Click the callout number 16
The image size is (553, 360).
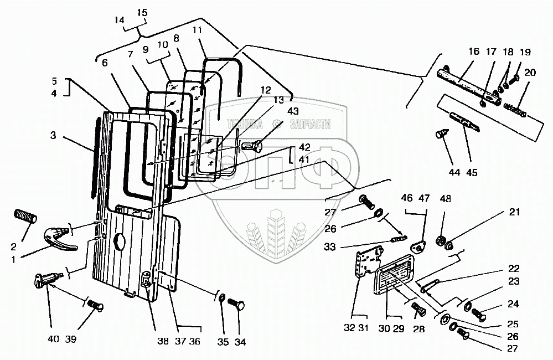(473, 52)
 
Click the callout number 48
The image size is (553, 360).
(445, 198)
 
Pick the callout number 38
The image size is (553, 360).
(162, 342)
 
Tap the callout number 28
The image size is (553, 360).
(418, 330)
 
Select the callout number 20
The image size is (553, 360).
(530, 73)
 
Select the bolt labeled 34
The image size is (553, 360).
(242, 304)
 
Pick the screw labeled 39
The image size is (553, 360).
(95, 304)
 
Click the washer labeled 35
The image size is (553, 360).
(222, 300)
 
